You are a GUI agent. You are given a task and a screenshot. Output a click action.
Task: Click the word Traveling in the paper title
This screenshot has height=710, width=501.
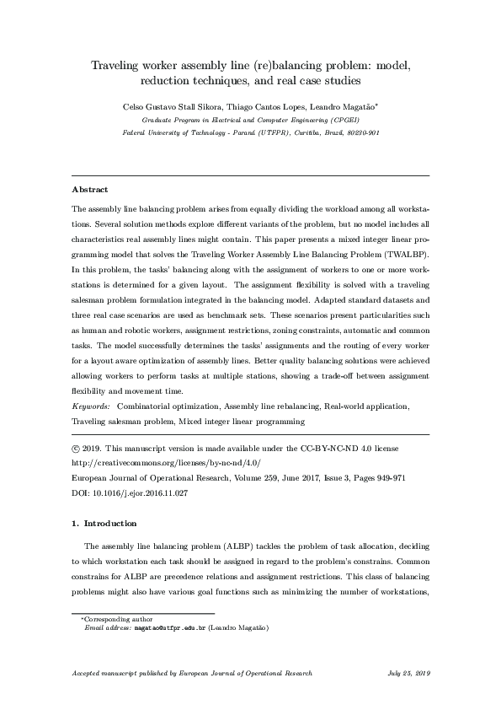[122, 66]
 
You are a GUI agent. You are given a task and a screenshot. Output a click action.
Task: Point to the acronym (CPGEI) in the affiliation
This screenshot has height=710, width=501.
[360, 121]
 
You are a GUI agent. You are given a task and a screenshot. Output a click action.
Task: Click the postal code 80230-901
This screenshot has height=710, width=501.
[360, 133]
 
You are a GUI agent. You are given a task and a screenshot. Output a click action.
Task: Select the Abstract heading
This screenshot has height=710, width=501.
[90, 190]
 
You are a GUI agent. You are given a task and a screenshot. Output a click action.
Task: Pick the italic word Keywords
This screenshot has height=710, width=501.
[91, 406]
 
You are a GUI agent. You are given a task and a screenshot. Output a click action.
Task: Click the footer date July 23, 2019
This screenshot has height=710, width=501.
[409, 674]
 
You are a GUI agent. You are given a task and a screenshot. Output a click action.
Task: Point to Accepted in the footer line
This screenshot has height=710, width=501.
[88, 674]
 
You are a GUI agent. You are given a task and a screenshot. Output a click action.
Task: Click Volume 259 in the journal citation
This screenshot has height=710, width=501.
[235, 476]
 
